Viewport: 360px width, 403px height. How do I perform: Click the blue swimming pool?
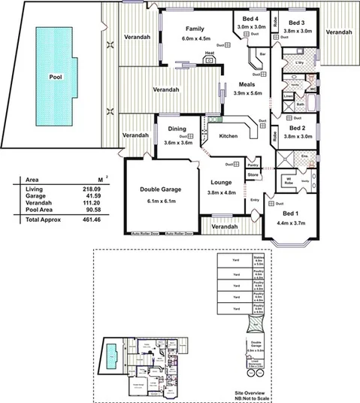tap(55, 75)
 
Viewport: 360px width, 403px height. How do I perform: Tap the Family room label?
tap(195, 29)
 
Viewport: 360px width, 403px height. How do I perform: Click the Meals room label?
tap(241, 85)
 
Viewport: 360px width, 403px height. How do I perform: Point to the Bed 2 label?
tap(298, 129)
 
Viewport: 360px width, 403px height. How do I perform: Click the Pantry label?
tap(253, 164)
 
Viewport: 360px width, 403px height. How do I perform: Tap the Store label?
tap(253, 174)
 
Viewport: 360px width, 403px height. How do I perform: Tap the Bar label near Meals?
tap(263, 54)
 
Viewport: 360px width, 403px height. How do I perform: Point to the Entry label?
tap(255, 199)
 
